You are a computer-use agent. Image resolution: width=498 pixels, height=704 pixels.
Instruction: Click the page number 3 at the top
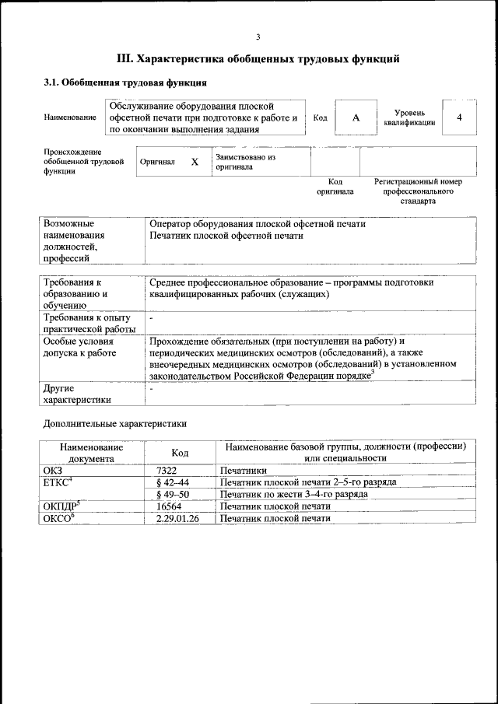258,37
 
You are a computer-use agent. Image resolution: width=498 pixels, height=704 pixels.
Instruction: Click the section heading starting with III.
258,58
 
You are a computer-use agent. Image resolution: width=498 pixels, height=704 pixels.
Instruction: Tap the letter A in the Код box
356,117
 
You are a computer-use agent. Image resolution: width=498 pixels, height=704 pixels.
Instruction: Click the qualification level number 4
459,117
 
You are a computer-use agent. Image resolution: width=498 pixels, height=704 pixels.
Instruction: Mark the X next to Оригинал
195,162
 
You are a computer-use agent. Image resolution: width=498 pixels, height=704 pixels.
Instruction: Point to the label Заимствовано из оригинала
246,162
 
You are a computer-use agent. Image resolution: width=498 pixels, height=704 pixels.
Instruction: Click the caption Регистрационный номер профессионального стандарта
418,191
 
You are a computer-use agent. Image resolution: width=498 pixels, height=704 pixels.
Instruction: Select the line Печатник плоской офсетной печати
226,235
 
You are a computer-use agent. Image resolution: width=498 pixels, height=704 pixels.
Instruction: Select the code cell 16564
169,506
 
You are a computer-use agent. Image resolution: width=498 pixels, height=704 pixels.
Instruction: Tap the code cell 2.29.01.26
178,517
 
